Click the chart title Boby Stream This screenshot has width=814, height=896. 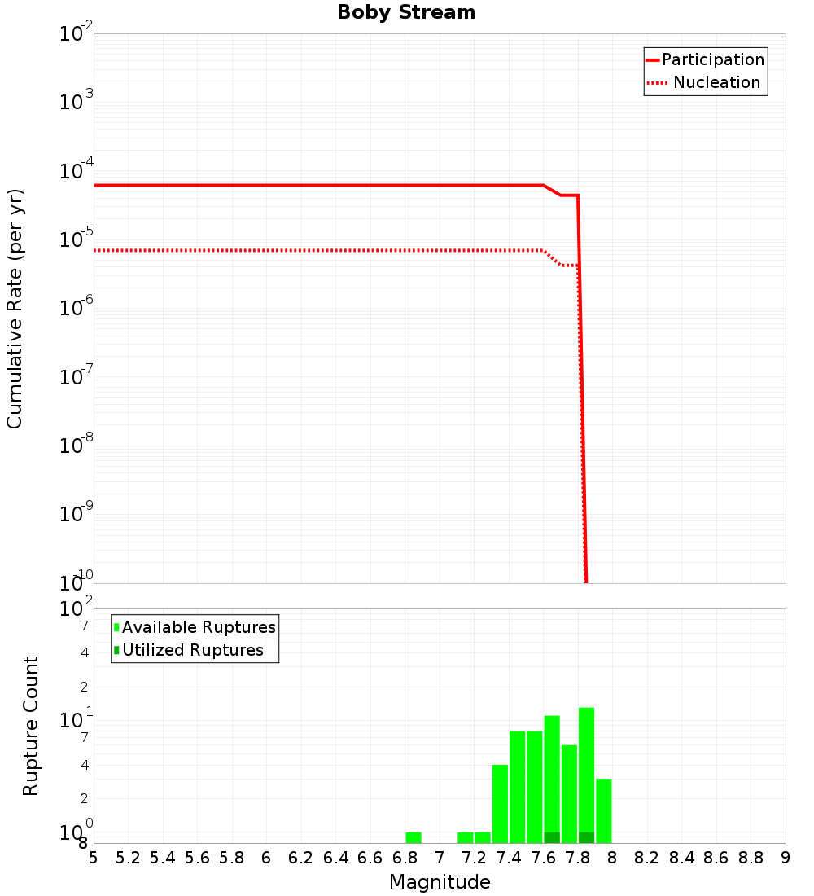(406, 12)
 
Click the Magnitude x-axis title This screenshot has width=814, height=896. (440, 882)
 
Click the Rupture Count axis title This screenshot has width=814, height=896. (31, 725)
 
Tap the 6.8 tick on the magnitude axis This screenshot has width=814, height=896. (405, 858)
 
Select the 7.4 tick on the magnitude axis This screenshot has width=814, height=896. (509, 858)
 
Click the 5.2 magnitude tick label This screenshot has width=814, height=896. (128, 858)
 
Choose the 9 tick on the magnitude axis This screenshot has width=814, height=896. (786, 858)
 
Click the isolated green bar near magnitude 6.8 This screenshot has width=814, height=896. (414, 837)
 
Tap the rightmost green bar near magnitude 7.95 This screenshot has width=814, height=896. (604, 810)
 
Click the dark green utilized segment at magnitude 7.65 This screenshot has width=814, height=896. (552, 837)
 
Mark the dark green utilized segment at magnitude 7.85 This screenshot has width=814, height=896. (586, 837)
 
